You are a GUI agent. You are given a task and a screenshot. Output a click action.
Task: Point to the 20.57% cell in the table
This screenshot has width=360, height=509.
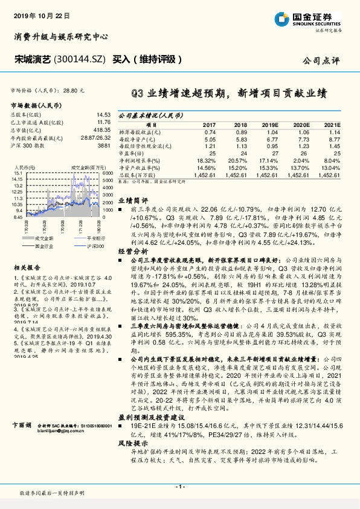[237, 160]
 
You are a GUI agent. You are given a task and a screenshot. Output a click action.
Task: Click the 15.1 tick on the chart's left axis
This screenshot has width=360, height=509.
[17, 173]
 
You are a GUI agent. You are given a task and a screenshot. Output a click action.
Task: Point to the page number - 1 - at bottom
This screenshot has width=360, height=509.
[179, 487]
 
